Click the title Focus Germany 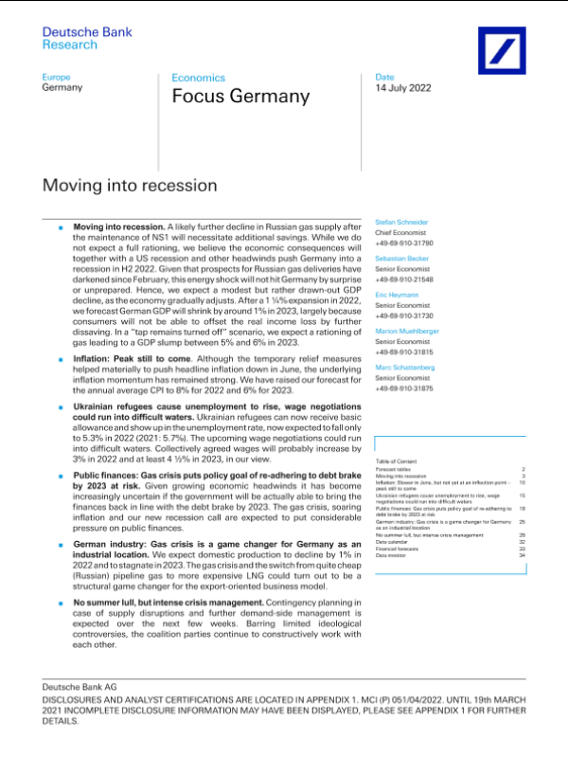click(x=240, y=97)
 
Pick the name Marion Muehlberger click(x=407, y=331)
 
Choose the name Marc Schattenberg click(x=405, y=367)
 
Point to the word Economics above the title click(x=198, y=77)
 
